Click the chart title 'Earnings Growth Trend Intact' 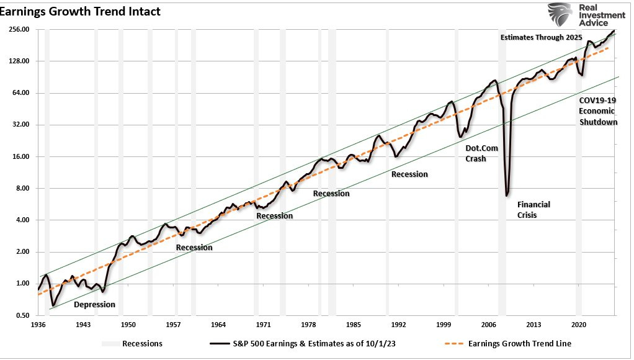81,11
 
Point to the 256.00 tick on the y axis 19,29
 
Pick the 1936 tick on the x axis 38,325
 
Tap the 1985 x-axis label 354,325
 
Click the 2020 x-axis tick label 579,325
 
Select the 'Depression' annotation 94,305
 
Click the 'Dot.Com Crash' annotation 476,153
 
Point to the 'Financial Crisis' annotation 534,210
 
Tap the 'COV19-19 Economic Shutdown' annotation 598,111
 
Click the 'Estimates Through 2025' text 541,38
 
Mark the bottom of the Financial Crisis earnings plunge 507,195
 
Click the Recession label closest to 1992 409,174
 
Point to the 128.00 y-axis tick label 19,61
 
